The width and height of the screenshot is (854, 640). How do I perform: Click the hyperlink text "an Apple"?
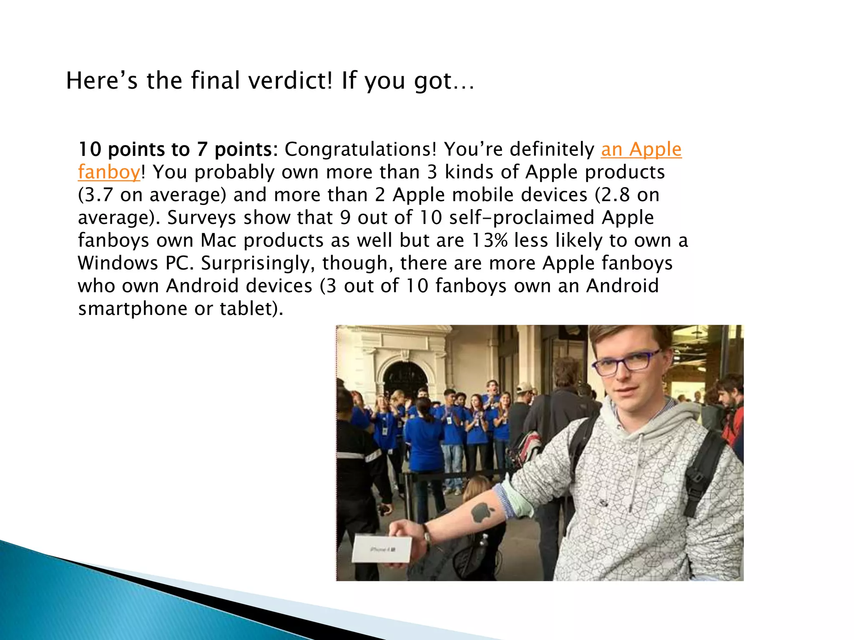(641, 149)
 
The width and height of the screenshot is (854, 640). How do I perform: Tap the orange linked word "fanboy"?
(109, 172)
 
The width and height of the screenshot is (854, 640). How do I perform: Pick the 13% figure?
(490, 240)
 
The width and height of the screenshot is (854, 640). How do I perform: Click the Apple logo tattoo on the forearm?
(482, 512)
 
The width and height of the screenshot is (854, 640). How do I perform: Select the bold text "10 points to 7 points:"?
(178, 149)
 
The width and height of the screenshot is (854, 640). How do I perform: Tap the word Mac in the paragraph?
(219, 240)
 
